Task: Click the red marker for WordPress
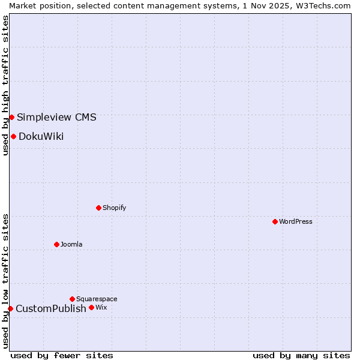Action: click(x=275, y=221)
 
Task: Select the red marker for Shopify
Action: click(x=98, y=208)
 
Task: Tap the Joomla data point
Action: click(x=56, y=244)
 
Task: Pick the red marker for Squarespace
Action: click(x=72, y=299)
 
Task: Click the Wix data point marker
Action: click(x=91, y=307)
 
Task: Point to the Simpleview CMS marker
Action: click(x=11, y=117)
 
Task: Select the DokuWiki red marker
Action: click(x=13, y=136)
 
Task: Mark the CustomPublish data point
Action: click(x=10, y=308)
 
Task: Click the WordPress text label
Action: click(x=296, y=221)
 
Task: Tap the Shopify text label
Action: click(x=114, y=208)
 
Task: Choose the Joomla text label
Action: click(x=71, y=244)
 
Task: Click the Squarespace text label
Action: click(x=97, y=299)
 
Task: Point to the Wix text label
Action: click(x=101, y=307)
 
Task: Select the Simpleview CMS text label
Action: click(x=56, y=117)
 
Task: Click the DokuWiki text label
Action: click(x=41, y=136)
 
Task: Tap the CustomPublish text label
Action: click(x=51, y=308)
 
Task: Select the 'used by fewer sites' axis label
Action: click(x=62, y=355)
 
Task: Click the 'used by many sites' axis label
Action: click(x=301, y=355)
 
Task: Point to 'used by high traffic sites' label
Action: click(x=5, y=85)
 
